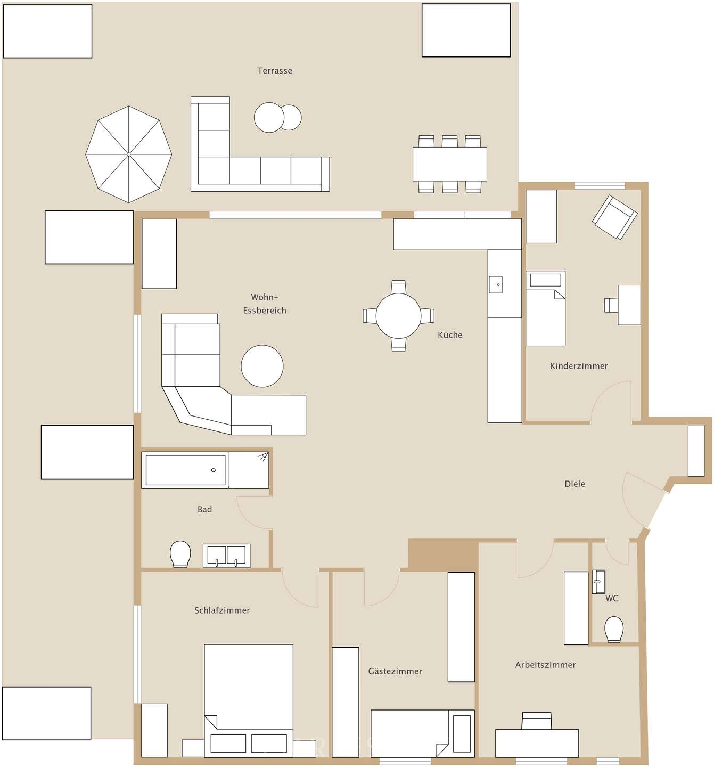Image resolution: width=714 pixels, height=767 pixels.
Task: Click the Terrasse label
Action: [x=274, y=71]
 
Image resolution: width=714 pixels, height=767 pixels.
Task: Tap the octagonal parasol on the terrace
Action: [x=129, y=154]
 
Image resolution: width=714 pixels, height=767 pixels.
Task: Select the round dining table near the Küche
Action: [x=398, y=315]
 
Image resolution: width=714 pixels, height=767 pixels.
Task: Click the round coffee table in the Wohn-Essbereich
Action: [x=262, y=366]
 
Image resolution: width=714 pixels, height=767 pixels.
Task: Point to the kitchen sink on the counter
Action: [x=496, y=284]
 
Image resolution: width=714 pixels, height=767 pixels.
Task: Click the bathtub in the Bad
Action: [x=185, y=470]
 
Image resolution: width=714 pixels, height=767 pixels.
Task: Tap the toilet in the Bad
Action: [x=180, y=554]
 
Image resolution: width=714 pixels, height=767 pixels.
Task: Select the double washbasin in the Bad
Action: [x=226, y=556]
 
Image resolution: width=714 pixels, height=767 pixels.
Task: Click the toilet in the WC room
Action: [x=614, y=630]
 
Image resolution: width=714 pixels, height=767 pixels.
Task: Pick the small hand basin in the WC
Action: [x=598, y=582]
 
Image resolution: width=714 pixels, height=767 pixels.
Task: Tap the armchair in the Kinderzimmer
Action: [x=614, y=217]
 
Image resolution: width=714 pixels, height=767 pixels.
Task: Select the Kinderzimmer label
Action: [x=579, y=366]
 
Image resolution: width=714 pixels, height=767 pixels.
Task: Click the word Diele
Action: [x=575, y=484]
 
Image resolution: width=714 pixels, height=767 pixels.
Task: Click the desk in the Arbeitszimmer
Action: [x=537, y=742]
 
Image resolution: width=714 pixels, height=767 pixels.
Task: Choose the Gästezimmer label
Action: [x=395, y=672]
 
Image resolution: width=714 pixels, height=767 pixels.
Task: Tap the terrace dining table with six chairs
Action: [x=449, y=164]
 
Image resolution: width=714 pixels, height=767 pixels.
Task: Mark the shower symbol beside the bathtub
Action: [x=263, y=457]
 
